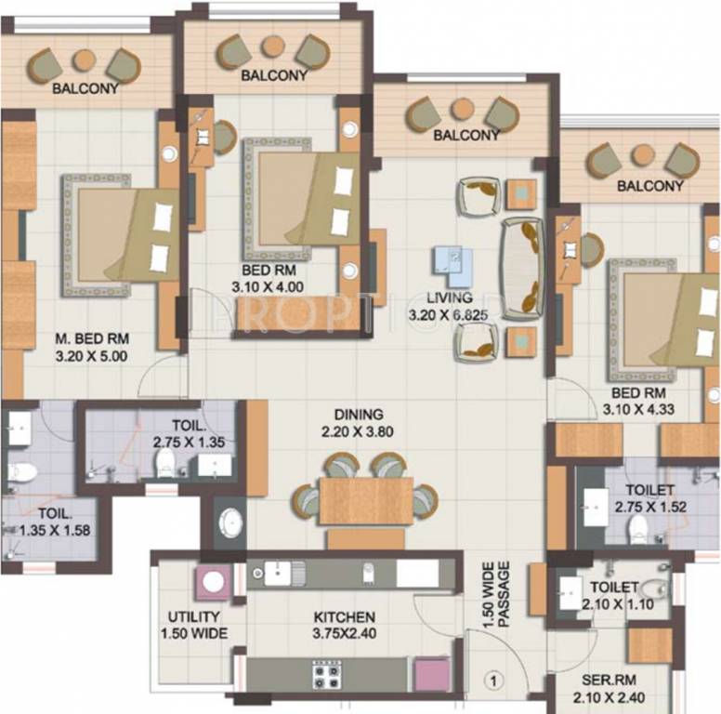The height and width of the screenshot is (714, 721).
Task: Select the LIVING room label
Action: pyautogui.click(x=450, y=298)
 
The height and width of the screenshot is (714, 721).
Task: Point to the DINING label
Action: pyautogui.click(x=360, y=414)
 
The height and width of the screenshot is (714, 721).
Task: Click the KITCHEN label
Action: pyautogui.click(x=344, y=617)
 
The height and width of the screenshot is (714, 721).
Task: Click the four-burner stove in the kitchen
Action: pyautogui.click(x=327, y=672)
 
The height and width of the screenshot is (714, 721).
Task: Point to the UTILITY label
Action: pyautogui.click(x=193, y=617)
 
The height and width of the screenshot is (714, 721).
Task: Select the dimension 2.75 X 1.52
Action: pyautogui.click(x=646, y=508)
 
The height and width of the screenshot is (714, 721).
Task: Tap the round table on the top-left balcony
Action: pyautogui.click(x=85, y=59)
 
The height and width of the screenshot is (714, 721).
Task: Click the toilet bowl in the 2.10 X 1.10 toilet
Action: pyautogui.click(x=653, y=588)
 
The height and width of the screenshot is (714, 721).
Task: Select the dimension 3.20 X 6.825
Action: pyautogui.click(x=450, y=315)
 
